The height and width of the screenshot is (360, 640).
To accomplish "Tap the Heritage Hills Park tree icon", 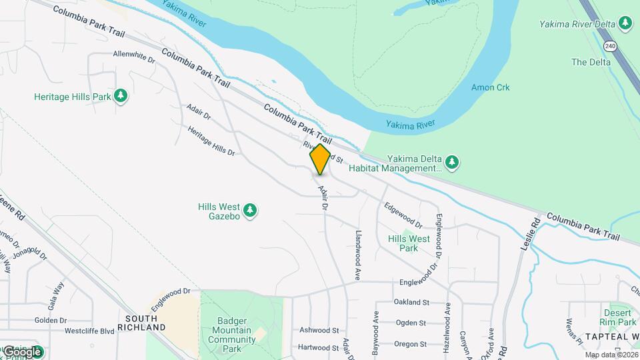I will point(121,97).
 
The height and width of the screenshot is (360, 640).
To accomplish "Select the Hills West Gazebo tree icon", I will point(251,211).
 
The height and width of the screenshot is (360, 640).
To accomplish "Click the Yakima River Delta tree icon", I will point(625,24).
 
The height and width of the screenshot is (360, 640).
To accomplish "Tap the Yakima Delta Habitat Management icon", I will point(452,162).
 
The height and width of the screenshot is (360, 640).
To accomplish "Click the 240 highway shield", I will point(610,46).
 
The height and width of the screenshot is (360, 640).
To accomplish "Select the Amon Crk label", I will point(490,87).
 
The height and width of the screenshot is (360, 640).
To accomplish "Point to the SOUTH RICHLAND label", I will point(141,323).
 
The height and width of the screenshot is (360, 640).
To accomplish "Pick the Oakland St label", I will point(411,302).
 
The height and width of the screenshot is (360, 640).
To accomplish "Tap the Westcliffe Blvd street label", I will point(90,331).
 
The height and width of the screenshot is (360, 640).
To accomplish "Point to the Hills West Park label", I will point(409,243).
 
